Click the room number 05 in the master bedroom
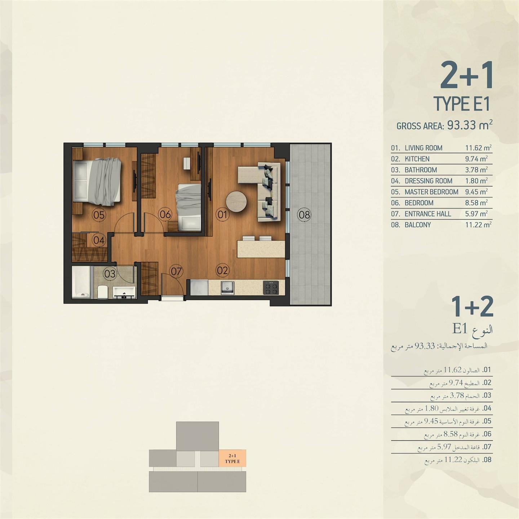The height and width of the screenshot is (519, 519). tap(99, 215)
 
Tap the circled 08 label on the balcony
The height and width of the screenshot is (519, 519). tap(304, 215)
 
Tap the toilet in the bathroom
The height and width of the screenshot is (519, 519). tap(103, 292)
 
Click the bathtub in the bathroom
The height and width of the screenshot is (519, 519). tap(81, 282)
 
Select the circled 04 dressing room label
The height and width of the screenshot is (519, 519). tap(99, 240)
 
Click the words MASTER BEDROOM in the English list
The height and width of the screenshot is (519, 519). tap(431, 192)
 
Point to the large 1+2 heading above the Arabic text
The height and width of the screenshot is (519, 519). tap(472, 307)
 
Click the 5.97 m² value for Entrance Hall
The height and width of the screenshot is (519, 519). tap(476, 214)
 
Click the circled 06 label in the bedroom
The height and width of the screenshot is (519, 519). tap(165, 215)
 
